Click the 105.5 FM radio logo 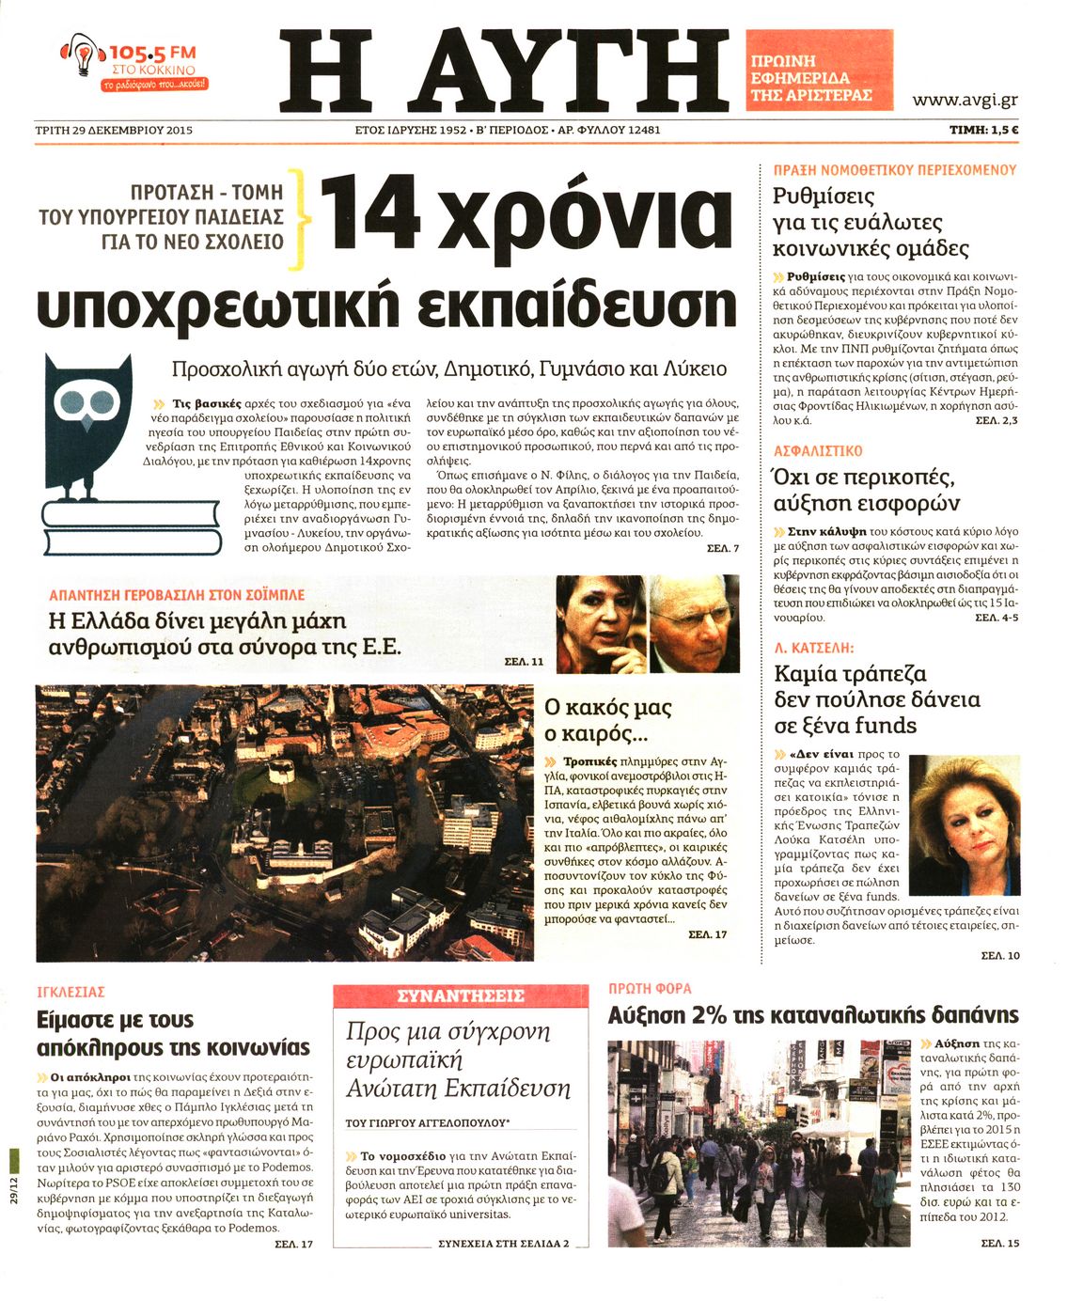(x=133, y=63)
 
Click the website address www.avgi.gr (x=965, y=100)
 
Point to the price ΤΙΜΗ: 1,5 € (x=983, y=131)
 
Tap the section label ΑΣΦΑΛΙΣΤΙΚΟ (x=818, y=451)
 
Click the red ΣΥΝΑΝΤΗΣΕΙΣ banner (x=461, y=995)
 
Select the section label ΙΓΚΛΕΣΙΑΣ (x=71, y=992)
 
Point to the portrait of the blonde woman (x=965, y=823)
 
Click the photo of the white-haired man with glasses (x=694, y=623)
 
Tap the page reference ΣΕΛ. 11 (x=524, y=662)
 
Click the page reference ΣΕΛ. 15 (x=999, y=1243)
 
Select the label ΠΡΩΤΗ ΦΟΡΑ (x=650, y=988)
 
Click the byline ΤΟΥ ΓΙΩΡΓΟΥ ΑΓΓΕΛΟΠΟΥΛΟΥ (x=427, y=1122)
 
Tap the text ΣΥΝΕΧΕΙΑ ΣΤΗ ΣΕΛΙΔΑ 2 (x=504, y=1244)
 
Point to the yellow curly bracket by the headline (x=301, y=218)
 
